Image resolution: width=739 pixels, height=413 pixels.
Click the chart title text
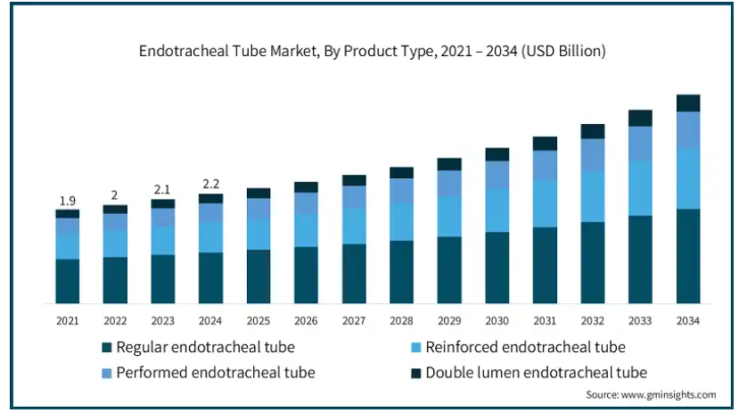coord(372,51)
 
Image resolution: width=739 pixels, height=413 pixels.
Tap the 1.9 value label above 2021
coord(68,201)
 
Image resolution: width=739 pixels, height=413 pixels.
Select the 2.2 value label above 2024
coord(210,184)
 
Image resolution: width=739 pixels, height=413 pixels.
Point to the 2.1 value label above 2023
coord(162,189)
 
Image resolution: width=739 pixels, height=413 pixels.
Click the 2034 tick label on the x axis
coord(688,321)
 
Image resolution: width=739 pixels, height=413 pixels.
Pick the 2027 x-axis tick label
coord(354,321)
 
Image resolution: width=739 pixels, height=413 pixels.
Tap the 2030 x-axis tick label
coord(497,321)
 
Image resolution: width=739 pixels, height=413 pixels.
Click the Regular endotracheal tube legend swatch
coord(106,348)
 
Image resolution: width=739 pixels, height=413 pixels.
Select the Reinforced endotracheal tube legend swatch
coord(415,348)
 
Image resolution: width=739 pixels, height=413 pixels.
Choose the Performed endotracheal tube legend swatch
coord(106,374)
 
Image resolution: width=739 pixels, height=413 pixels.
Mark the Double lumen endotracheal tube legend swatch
coord(415,374)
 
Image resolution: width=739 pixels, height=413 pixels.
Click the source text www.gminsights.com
coord(669,394)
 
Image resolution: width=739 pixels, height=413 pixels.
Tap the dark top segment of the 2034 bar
coord(688,103)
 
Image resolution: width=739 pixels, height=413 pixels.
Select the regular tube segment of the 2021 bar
coord(68,281)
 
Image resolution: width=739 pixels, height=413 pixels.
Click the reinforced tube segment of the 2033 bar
coord(640,188)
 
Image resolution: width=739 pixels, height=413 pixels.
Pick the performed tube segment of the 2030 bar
coord(497,175)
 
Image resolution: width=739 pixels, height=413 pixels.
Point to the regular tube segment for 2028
coord(401,272)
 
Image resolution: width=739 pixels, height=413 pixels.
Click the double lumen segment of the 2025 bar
coord(259,194)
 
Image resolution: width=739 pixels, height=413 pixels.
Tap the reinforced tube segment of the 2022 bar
coord(115,244)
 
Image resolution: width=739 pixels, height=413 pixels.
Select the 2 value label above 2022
coord(114,195)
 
